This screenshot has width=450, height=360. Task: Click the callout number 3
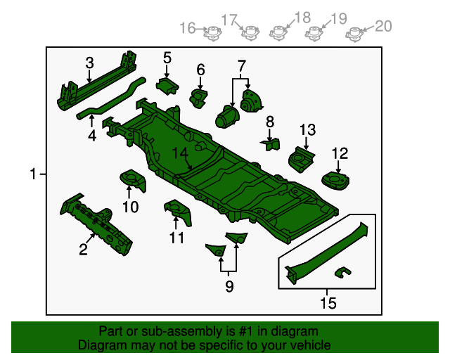tap(89, 63)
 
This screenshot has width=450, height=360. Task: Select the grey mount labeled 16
tap(209, 32)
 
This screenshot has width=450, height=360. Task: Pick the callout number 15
tap(328, 303)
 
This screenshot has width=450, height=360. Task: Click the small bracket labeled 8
tap(269, 144)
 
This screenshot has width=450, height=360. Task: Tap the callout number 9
tap(229, 285)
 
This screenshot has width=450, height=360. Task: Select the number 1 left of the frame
tap(33, 174)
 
